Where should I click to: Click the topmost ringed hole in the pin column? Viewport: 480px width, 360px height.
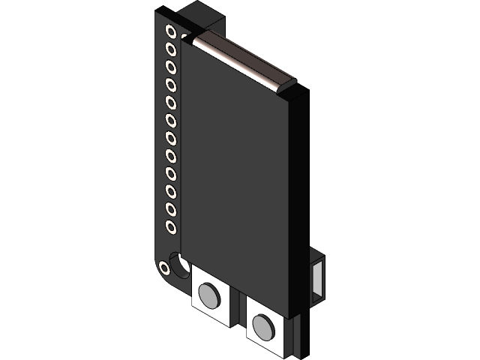tap(171, 32)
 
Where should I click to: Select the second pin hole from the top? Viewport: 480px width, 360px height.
tap(171, 49)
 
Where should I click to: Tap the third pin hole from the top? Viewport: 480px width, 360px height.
tap(171, 67)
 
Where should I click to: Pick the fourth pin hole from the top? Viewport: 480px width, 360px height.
tap(171, 85)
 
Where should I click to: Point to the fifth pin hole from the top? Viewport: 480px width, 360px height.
tap(171, 102)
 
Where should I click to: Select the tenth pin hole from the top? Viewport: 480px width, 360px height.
tap(171, 190)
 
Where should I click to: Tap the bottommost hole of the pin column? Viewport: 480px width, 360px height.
tap(171, 225)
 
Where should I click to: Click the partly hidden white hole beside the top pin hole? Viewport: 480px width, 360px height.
tap(184, 35)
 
